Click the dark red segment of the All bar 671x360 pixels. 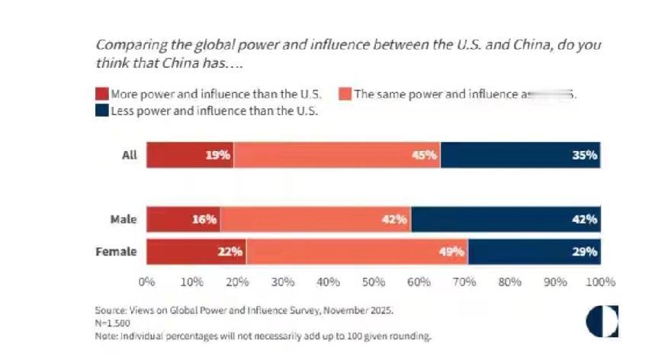point(190,155)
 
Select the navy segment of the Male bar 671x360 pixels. point(506,219)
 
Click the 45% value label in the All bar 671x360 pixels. point(425,155)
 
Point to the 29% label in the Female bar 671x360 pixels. point(585,252)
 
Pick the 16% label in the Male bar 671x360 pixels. point(205,220)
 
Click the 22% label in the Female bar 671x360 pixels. point(230,252)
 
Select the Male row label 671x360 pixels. point(123,220)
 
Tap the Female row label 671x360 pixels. point(117,252)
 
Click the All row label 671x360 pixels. point(129,155)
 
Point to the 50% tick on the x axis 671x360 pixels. point(374,281)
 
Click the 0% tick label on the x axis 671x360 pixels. point(146,281)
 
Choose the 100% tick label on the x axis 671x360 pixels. point(600,281)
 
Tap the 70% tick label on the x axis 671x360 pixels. point(464,281)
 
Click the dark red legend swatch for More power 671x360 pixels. point(102,95)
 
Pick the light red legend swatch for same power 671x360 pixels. point(345,95)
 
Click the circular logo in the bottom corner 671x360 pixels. point(602,322)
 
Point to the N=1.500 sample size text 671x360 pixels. point(112,323)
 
